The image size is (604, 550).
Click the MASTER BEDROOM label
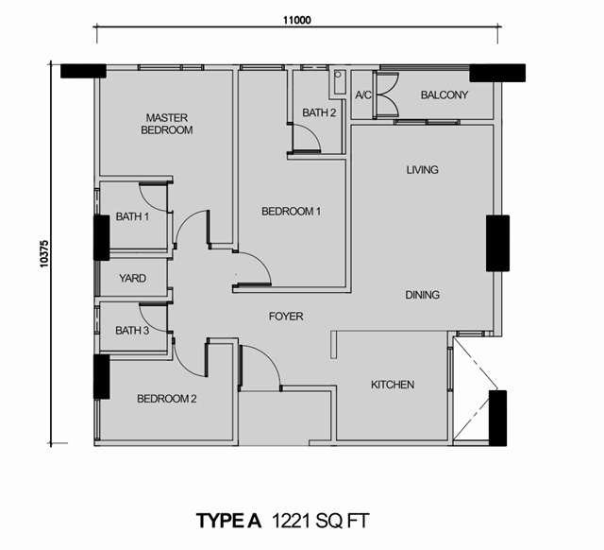point(167,124)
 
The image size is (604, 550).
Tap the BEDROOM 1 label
point(291,212)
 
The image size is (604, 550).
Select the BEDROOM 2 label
point(167,399)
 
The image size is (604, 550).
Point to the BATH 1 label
point(132,216)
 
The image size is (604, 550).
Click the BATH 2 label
point(319,112)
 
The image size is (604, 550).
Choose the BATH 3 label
point(132,331)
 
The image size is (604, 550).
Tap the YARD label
point(132,278)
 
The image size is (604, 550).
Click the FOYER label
point(286,317)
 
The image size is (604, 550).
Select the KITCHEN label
point(393,385)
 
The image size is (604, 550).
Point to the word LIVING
point(422,170)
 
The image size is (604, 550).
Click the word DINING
point(422,295)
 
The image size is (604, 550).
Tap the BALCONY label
point(445,95)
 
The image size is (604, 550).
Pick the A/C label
point(363,95)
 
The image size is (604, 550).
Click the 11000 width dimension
point(297,20)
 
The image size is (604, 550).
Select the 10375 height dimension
point(44,254)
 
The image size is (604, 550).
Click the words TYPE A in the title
point(229,521)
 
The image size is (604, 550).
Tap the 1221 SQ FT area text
point(321,521)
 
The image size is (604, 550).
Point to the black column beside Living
point(497,244)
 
